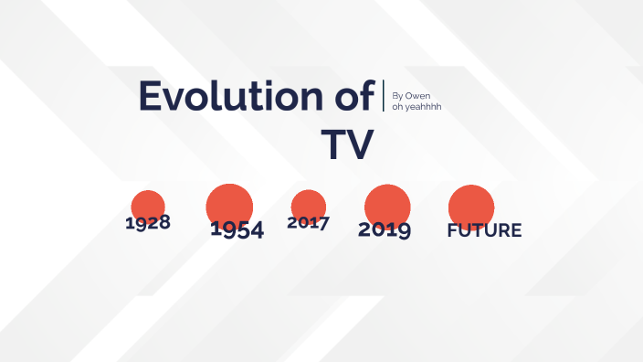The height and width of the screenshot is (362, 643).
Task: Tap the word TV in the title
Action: [347, 144]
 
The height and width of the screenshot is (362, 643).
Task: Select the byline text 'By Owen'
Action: [411, 95]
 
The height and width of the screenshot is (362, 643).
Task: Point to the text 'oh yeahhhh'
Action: [416, 107]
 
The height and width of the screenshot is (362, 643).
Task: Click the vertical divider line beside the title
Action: [384, 97]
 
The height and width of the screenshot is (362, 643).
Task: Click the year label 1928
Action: [148, 222]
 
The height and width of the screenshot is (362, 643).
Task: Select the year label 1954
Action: [237, 230]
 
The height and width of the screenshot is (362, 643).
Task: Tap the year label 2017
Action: [308, 222]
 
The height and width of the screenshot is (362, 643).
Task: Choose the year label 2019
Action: [385, 229]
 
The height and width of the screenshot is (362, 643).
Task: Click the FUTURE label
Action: [484, 230]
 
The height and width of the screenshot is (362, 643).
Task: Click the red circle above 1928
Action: [148, 204]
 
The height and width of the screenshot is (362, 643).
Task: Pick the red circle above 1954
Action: [229, 201]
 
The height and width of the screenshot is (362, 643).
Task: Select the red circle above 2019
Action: [387, 202]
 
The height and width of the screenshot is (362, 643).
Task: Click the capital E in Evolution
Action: [152, 98]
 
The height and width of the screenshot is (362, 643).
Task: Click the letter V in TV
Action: [360, 144]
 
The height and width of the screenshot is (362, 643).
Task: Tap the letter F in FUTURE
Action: [452, 230]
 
